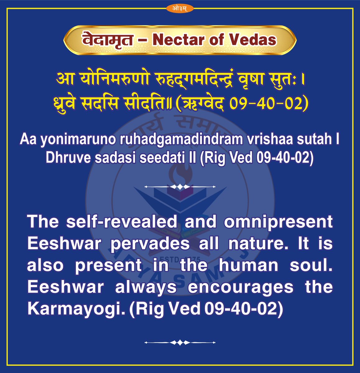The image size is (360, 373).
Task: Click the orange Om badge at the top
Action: click(x=180, y=8)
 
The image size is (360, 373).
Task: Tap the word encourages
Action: click(x=241, y=287)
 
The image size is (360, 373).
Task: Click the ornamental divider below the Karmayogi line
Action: click(x=180, y=343)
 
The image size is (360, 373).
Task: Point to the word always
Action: click(x=146, y=287)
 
